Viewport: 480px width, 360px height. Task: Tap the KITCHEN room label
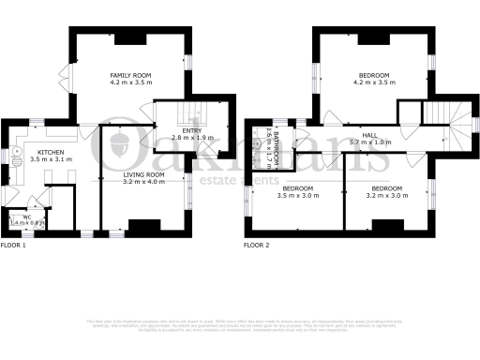coord(51,152)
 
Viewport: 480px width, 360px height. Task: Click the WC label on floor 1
coord(26,217)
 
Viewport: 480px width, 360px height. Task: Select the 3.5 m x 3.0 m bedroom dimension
coord(298,196)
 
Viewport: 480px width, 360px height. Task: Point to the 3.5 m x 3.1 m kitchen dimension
coord(51,160)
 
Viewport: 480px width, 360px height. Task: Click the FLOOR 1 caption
coord(13,246)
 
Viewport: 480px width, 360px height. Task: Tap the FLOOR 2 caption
coord(256,246)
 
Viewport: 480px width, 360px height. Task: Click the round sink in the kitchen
coord(16,151)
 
